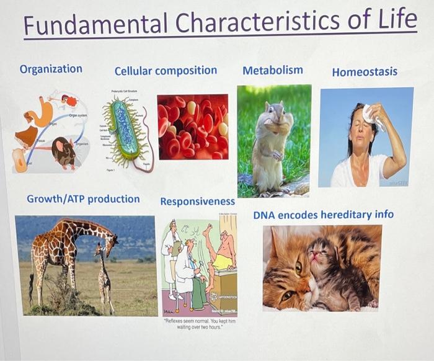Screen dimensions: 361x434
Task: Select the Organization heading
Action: (x=51, y=69)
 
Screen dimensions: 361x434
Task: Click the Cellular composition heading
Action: (x=166, y=70)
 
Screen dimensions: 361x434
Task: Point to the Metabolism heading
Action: (x=273, y=69)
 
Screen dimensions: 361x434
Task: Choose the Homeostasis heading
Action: (x=365, y=72)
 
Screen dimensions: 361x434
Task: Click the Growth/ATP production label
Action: (x=83, y=199)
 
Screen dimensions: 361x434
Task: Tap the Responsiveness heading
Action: (x=197, y=202)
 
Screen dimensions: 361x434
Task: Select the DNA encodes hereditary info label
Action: (x=323, y=215)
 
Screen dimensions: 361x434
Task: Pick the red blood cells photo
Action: (x=192, y=127)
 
